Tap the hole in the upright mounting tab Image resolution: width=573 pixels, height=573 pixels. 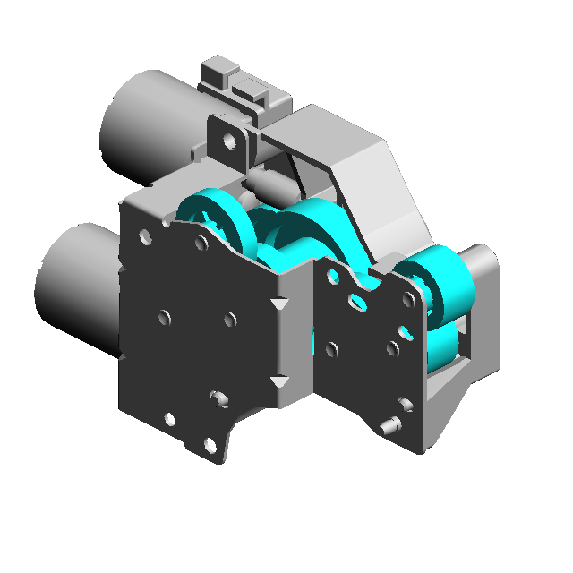(x=231, y=141)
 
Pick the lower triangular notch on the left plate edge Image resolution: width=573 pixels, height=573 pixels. (x=280, y=382)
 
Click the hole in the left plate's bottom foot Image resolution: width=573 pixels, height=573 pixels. (x=210, y=445)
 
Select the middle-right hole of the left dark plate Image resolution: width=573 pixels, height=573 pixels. (x=229, y=320)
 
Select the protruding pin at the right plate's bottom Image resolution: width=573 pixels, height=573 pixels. (x=389, y=426)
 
